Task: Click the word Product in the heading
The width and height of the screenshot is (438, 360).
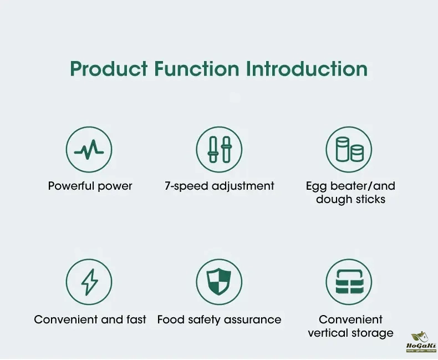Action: [x=109, y=68]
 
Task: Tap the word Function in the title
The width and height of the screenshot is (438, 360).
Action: [x=197, y=68]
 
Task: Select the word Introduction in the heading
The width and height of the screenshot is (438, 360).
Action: [x=307, y=68]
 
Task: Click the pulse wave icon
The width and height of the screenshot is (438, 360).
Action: [x=89, y=149]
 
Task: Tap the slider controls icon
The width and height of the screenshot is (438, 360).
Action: [x=219, y=149]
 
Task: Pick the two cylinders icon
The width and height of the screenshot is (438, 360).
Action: [x=349, y=149]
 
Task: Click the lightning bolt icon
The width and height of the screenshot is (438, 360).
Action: [x=89, y=282]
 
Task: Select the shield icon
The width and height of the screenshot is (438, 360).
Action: [x=219, y=282]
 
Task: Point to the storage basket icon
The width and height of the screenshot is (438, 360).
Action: [x=349, y=282]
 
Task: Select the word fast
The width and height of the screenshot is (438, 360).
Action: [x=136, y=320]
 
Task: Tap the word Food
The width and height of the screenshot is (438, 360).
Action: [x=171, y=320]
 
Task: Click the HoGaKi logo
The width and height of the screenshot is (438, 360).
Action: [x=421, y=342]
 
